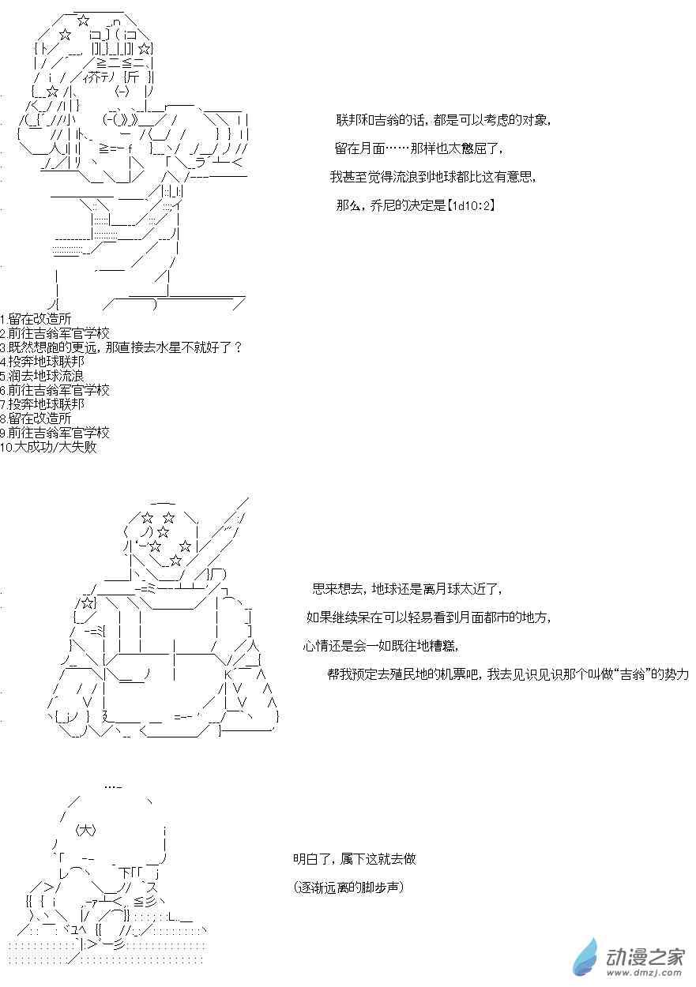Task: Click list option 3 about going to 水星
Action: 121,347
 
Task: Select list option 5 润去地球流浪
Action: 42,376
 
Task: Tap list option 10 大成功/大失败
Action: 48,447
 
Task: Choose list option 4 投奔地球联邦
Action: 43,362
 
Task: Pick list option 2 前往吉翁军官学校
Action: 55,333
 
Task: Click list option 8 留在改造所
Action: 36,418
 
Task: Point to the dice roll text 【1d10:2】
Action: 470,205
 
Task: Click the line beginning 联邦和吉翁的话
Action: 443,120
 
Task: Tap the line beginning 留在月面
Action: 419,148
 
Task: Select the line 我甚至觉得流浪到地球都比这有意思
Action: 434,177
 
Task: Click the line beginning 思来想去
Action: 407,589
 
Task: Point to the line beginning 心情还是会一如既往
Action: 382,646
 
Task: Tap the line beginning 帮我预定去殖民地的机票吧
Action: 508,674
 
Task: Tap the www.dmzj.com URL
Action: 646,972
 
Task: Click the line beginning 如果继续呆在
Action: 428,617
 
